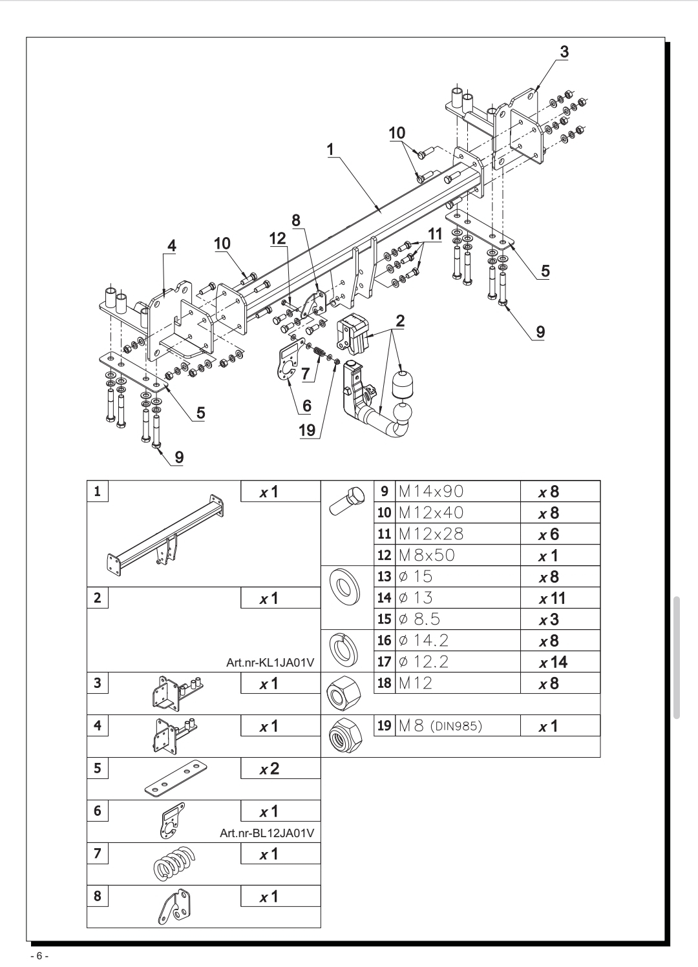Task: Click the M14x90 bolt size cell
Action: click(458, 492)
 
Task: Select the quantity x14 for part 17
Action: click(553, 662)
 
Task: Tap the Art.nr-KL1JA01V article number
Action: click(270, 663)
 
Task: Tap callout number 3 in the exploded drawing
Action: click(564, 52)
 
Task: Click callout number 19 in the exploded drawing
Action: click(307, 430)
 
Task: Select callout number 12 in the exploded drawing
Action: click(278, 238)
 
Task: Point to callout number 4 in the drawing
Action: click(172, 247)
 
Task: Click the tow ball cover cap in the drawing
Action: click(403, 383)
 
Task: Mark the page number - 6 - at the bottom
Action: click(39, 956)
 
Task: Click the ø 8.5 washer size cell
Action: click(458, 619)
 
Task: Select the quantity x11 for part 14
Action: click(553, 598)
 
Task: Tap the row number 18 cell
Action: click(385, 683)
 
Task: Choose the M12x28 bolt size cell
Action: click(458, 534)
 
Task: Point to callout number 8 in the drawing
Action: click(296, 221)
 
